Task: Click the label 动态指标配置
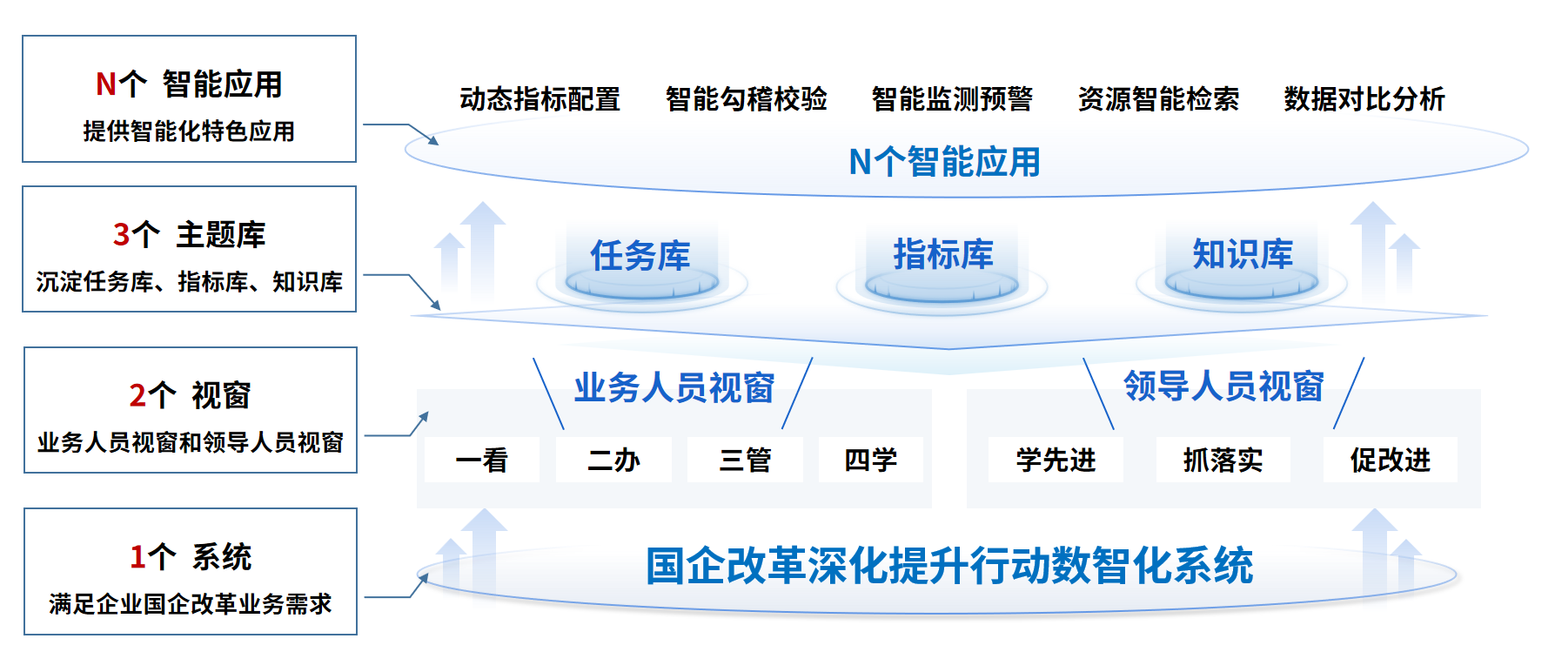tap(540, 99)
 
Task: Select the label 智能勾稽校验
tap(746, 99)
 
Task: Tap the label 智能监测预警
tap(952, 99)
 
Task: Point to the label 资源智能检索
tap(1158, 99)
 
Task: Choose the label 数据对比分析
tap(1364, 99)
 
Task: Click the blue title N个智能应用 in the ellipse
tap(945, 162)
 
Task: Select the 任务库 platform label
tap(640, 256)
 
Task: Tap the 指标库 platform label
tap(943, 254)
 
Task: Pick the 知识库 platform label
tap(1243, 254)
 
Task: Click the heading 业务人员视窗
tap(674, 388)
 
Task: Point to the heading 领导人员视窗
tap(1223, 386)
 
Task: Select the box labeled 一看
tap(482, 460)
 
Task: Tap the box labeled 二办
tap(613, 460)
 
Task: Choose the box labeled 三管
tap(745, 460)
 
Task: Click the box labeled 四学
tap(870, 460)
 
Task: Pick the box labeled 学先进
tap(1056, 460)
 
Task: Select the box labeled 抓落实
tap(1223, 460)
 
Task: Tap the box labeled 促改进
tap(1390, 460)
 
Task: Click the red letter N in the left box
tap(106, 84)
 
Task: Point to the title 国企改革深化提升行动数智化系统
tap(949, 566)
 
